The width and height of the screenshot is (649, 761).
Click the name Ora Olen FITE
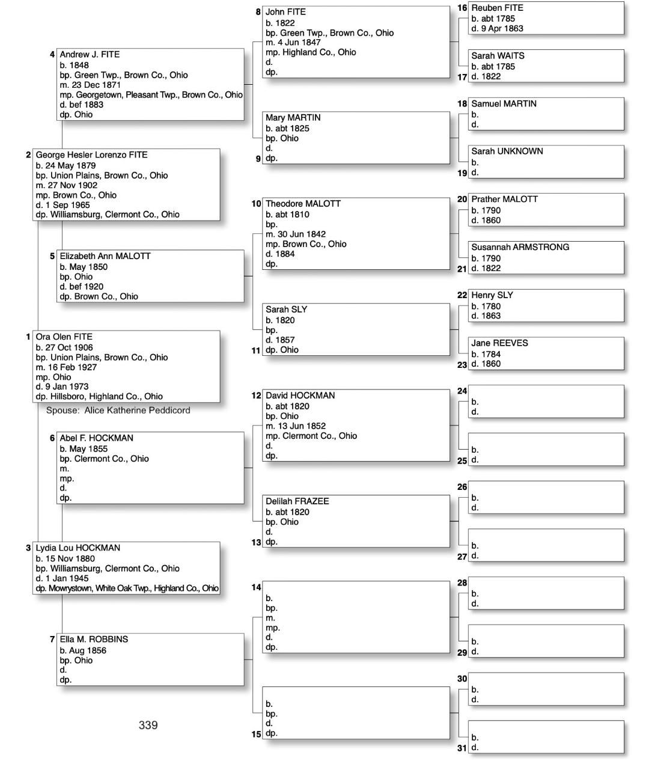pos(64,337)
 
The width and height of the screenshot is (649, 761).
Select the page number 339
pos(148,725)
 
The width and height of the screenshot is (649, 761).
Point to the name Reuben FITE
pos(497,8)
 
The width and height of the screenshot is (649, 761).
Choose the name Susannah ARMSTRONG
pos(520,247)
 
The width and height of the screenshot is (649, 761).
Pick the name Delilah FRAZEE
pos(297,501)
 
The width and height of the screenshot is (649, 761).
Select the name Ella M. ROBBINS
pos(94,640)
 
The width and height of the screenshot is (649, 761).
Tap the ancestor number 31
pos(462,748)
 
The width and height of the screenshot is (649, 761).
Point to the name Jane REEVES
pos(499,343)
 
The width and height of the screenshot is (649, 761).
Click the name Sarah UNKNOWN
pos(507,151)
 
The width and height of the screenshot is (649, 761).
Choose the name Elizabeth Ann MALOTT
pos(105,256)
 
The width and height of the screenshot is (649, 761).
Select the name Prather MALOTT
pos(504,199)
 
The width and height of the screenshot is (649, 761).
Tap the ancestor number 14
pos(256,587)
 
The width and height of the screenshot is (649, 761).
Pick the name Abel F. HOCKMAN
pos(96,438)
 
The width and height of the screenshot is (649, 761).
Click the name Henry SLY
pos(492,295)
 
